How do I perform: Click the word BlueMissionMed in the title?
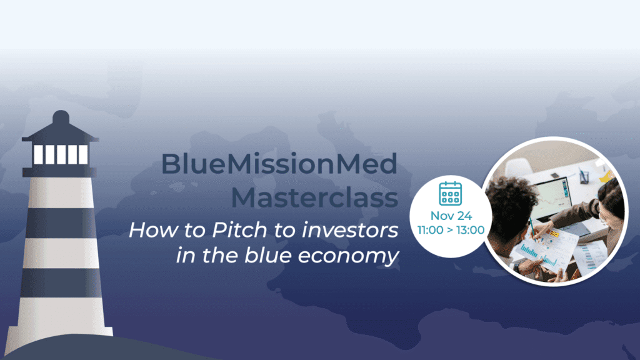279,164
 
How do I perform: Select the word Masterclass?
314,198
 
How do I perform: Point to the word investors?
350,230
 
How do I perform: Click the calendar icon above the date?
450,194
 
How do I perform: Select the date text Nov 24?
451,216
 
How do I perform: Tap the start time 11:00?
430,230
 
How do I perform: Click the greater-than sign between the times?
450,231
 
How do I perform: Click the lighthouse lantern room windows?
61,155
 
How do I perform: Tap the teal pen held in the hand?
532,229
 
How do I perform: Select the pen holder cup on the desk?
584,177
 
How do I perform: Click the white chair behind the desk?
517,167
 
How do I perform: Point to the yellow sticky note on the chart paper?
554,234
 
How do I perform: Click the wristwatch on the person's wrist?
517,267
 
